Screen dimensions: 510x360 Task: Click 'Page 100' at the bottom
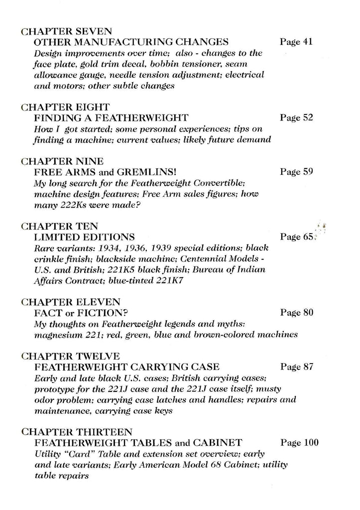click(299, 442)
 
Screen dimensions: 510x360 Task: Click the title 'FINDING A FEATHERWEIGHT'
click(111, 118)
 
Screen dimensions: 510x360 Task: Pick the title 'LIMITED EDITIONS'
click(84, 237)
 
